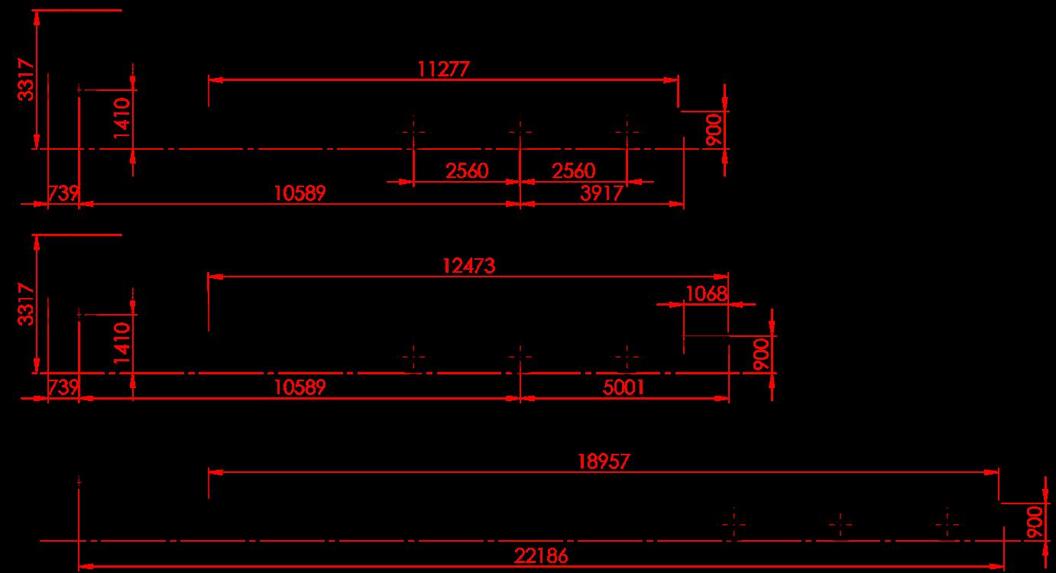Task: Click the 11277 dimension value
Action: [443, 69]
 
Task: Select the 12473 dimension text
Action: [468, 266]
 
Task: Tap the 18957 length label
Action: [604, 461]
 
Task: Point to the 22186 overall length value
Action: [543, 556]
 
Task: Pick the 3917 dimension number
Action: [601, 193]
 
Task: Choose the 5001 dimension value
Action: [624, 387]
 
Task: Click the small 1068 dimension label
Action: [706, 293]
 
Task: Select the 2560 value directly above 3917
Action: [574, 170]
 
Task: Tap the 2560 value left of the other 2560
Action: [467, 170]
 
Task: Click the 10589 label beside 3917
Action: [300, 193]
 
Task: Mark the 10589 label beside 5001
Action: [300, 387]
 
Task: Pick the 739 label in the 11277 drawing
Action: [63, 193]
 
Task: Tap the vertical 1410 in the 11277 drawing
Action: [123, 119]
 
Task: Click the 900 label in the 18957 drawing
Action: [1035, 522]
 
